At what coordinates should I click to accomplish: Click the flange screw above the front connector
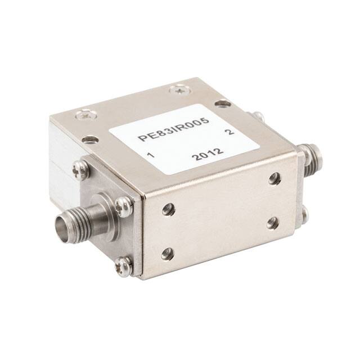click(x=80, y=168)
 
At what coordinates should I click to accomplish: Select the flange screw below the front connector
click(x=124, y=264)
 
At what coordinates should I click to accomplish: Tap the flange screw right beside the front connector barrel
click(x=124, y=206)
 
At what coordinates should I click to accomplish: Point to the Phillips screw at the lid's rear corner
click(x=180, y=88)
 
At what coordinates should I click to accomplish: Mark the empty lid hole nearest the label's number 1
click(x=89, y=139)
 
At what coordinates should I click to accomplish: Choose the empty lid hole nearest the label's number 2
click(x=223, y=103)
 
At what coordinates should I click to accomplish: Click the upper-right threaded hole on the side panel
click(x=274, y=179)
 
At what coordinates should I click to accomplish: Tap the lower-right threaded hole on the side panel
click(x=272, y=223)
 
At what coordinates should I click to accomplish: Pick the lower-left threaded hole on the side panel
click(x=168, y=254)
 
